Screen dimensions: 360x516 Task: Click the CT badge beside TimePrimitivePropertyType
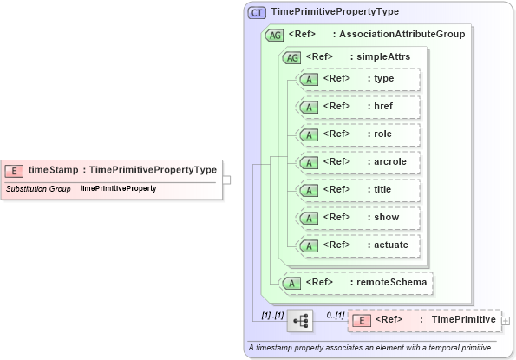258,13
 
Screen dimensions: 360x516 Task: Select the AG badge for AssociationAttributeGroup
275,35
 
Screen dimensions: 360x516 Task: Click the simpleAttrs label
380,57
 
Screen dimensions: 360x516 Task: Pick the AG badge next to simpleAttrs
293,57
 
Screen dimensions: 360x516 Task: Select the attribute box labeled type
358,79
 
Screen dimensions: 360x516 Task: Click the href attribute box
358,107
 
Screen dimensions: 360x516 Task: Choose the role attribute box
358,134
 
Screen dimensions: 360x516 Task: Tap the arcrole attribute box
358,162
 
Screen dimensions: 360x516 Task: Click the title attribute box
358,190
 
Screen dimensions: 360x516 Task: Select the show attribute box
358,218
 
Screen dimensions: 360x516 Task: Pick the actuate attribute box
358,245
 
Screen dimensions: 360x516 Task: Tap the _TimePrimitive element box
424,320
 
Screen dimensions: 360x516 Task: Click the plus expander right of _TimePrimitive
506,321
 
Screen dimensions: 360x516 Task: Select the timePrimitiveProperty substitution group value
118,188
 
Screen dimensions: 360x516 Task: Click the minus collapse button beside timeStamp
226,180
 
